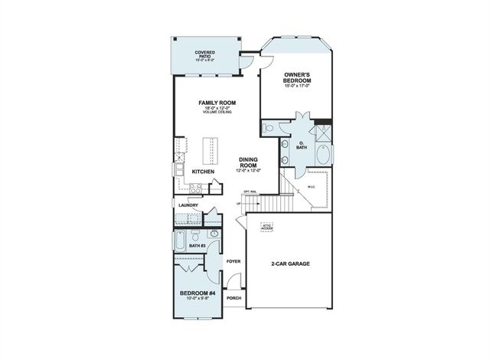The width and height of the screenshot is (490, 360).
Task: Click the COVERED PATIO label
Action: click(204, 53)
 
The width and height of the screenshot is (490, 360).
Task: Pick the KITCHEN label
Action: click(203, 172)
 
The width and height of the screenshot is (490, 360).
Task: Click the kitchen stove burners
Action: click(195, 187)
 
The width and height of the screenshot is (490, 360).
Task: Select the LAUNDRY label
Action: click(188, 205)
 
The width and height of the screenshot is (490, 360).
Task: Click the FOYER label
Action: click(234, 262)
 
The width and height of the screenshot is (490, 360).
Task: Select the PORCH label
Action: click(234, 299)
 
